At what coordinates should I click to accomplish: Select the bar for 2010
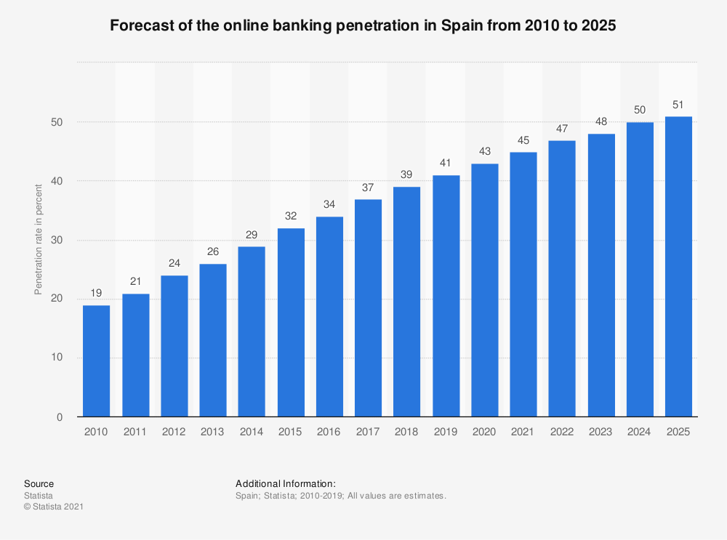[96, 361]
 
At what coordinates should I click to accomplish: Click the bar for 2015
[290, 323]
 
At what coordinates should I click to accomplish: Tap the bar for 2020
[484, 290]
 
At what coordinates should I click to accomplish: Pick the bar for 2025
[678, 267]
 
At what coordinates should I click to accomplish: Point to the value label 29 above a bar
[252, 235]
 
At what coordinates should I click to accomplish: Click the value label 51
[678, 105]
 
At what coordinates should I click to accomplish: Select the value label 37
[368, 188]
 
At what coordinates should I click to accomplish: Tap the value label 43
[484, 152]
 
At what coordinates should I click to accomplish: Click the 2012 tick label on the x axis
[174, 432]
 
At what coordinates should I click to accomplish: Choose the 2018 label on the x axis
[406, 432]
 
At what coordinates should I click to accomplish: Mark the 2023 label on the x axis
[601, 432]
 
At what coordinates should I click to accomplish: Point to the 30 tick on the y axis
[57, 240]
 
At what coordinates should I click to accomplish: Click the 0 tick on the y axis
[60, 417]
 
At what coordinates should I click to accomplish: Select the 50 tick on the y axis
[57, 122]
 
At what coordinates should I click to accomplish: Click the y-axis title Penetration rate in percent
[39, 240]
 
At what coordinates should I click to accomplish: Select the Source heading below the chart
[39, 483]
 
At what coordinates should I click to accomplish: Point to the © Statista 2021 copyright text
[54, 507]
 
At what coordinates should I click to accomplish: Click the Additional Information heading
[285, 483]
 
